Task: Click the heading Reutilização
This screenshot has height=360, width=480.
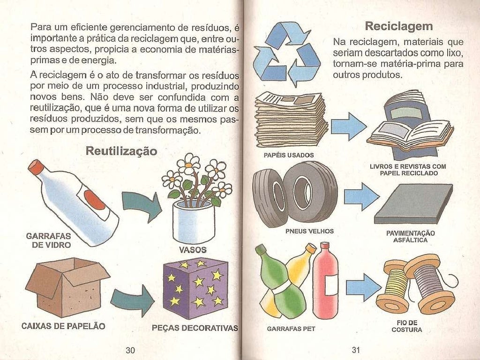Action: [121, 151]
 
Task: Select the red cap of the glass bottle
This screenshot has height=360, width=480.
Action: [36, 166]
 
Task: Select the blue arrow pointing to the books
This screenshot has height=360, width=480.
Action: [348, 126]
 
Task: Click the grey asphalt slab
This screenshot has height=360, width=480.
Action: [413, 203]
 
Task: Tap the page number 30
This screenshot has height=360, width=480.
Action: [130, 350]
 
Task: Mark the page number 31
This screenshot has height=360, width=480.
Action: [355, 350]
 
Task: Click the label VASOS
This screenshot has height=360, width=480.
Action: [193, 250]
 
